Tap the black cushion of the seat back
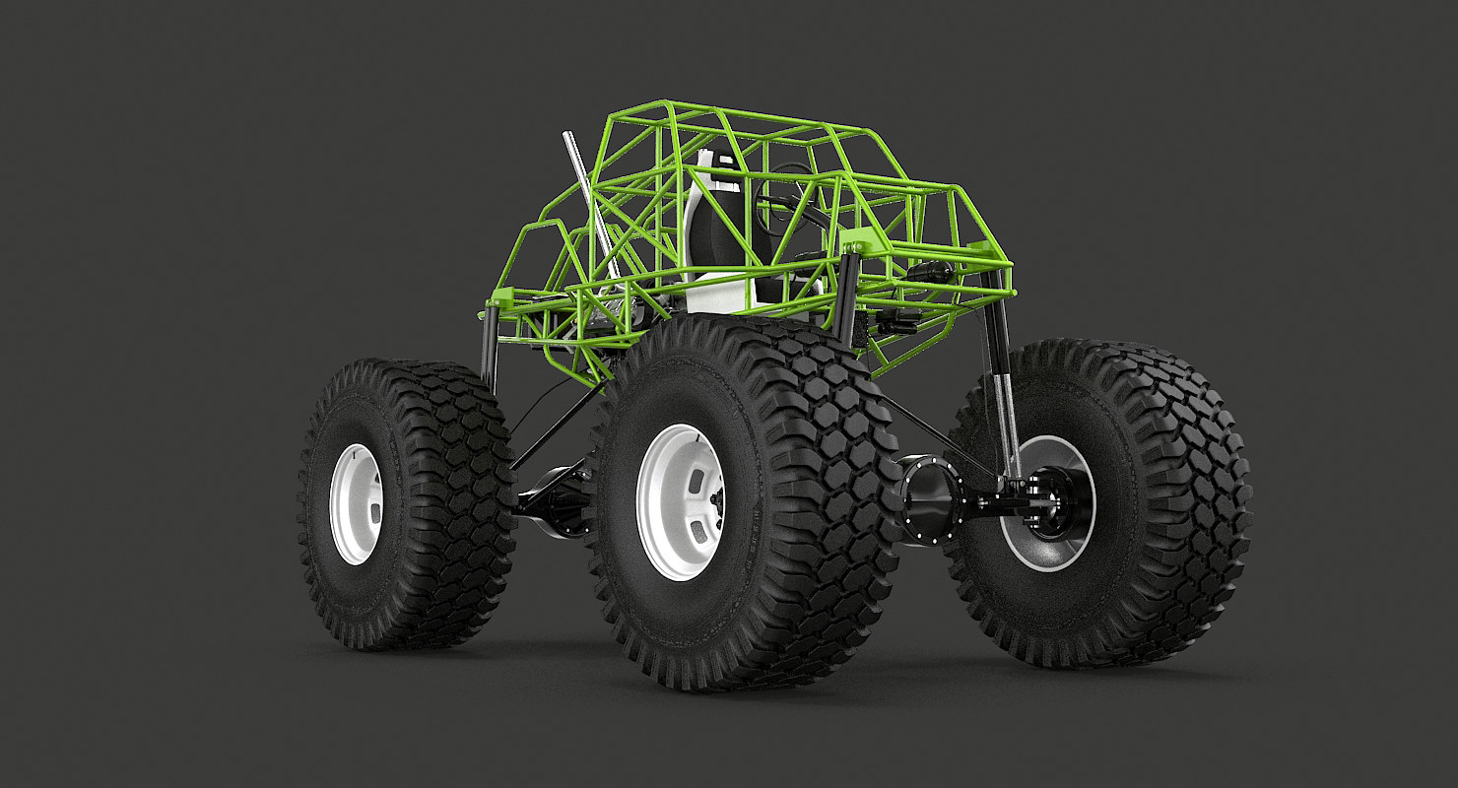click(x=710, y=236)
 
